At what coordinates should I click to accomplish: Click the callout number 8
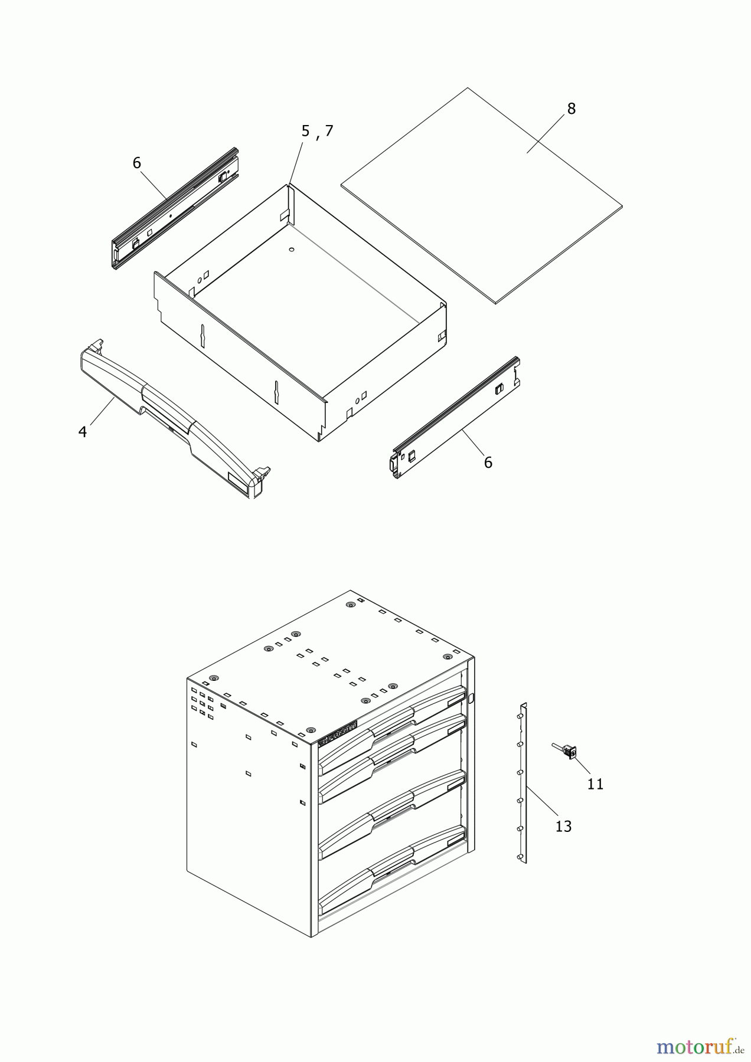tap(571, 109)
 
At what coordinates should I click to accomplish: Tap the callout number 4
tap(83, 432)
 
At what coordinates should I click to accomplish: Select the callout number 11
tap(595, 784)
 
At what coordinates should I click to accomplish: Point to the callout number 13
tap(563, 827)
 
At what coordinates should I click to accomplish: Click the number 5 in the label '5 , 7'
tap(305, 132)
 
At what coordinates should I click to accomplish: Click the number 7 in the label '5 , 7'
tap(329, 132)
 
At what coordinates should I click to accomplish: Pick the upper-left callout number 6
tap(137, 163)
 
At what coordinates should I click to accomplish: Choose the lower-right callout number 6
tap(488, 463)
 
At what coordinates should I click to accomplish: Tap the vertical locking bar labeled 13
tap(523, 785)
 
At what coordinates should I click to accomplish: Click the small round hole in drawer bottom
tap(291, 250)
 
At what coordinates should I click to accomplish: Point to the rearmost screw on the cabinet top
tap(350, 605)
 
